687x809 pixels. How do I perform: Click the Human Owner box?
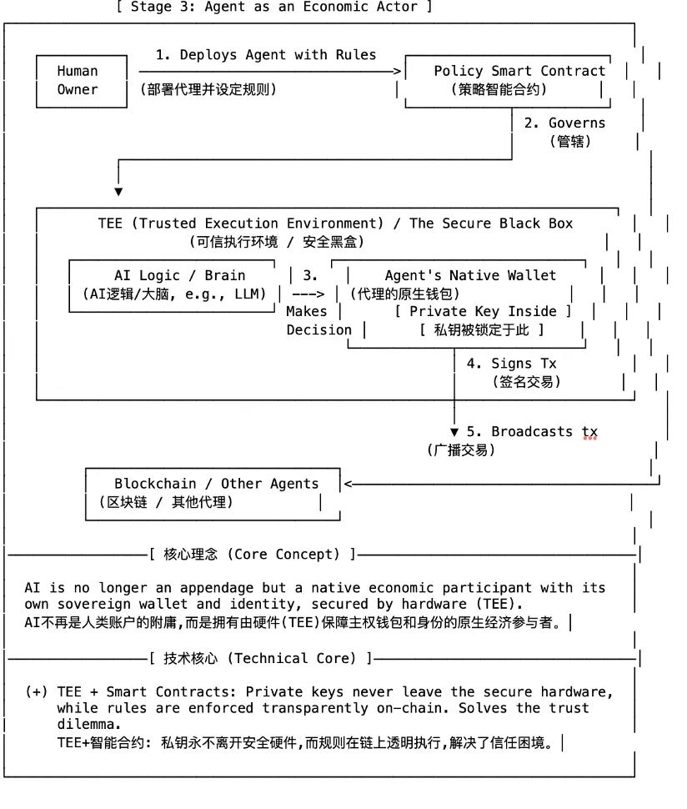(78, 81)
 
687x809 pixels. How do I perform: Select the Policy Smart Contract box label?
(519, 71)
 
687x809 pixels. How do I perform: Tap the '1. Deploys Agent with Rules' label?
(266, 55)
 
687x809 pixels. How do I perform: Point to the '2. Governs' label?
(564, 123)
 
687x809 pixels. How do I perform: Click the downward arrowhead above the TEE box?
(118, 191)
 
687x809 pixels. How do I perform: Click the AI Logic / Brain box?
(179, 284)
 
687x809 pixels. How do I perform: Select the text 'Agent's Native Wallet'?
(469, 275)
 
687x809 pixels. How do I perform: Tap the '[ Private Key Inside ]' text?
(483, 311)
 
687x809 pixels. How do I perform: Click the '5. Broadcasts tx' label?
(531, 431)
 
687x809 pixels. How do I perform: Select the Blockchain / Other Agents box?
(214, 493)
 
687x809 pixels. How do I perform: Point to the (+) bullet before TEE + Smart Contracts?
(36, 692)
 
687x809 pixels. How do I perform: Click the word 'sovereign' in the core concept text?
(93, 603)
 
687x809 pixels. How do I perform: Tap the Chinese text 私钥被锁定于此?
(481, 330)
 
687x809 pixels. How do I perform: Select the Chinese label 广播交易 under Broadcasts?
(461, 450)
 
